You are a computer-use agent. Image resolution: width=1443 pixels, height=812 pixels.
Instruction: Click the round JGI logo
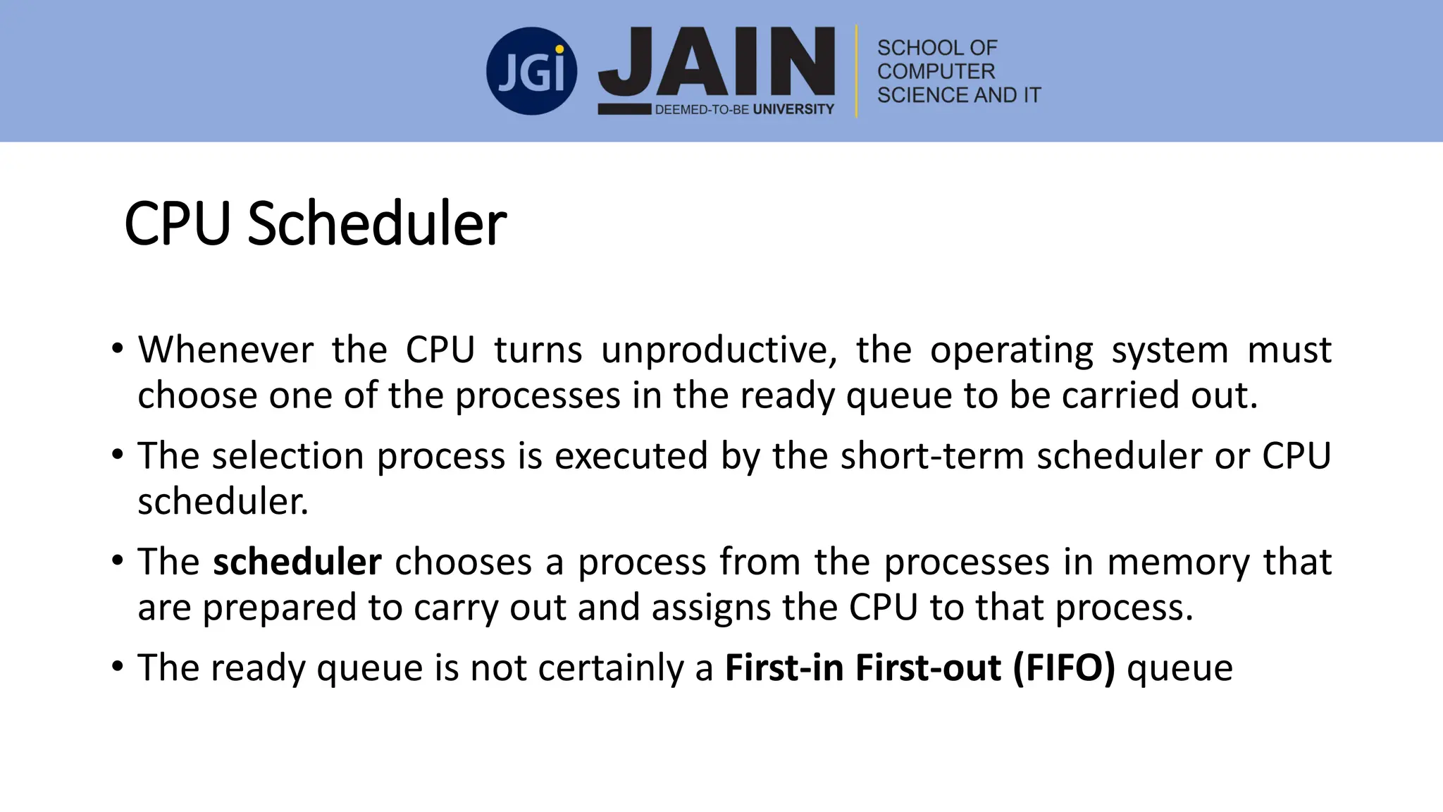(531, 71)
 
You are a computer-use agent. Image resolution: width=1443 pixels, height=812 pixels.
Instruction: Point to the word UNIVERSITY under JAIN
(793, 109)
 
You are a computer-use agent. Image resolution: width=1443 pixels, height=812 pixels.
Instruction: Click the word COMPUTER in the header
(936, 71)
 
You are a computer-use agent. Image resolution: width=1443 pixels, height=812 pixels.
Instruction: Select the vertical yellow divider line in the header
(857, 71)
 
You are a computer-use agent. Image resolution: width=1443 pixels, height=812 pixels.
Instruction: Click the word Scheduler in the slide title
(377, 223)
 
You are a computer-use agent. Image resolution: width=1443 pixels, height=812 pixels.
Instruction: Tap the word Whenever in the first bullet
(225, 350)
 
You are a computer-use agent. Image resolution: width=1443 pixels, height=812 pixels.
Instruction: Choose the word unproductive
(719, 350)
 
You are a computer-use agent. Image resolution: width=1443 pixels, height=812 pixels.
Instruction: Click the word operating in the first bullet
(1011, 350)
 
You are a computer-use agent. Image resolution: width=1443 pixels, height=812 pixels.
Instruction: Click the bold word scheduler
(297, 562)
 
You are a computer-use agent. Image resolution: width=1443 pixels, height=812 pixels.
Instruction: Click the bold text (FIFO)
(1064, 668)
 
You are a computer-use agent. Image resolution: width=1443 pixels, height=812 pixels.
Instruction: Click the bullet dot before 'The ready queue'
(118, 665)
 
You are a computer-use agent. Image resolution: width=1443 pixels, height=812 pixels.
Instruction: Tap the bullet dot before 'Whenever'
(118, 348)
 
